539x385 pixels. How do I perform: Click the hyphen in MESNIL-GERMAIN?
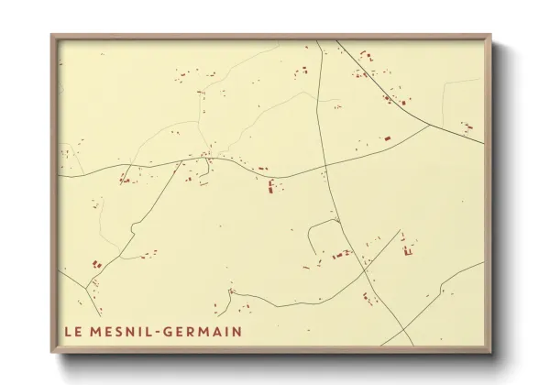(x=158, y=330)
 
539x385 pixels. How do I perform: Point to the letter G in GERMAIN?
(x=169, y=330)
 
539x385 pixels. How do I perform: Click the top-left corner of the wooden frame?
(x=52, y=36)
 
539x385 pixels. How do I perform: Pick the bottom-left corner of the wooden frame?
(x=52, y=351)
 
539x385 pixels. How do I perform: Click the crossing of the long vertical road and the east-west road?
(x=324, y=167)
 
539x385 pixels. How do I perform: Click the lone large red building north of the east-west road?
(x=387, y=138)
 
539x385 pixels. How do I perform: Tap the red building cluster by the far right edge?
(x=467, y=126)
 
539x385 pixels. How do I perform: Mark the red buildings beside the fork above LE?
(x=95, y=266)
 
